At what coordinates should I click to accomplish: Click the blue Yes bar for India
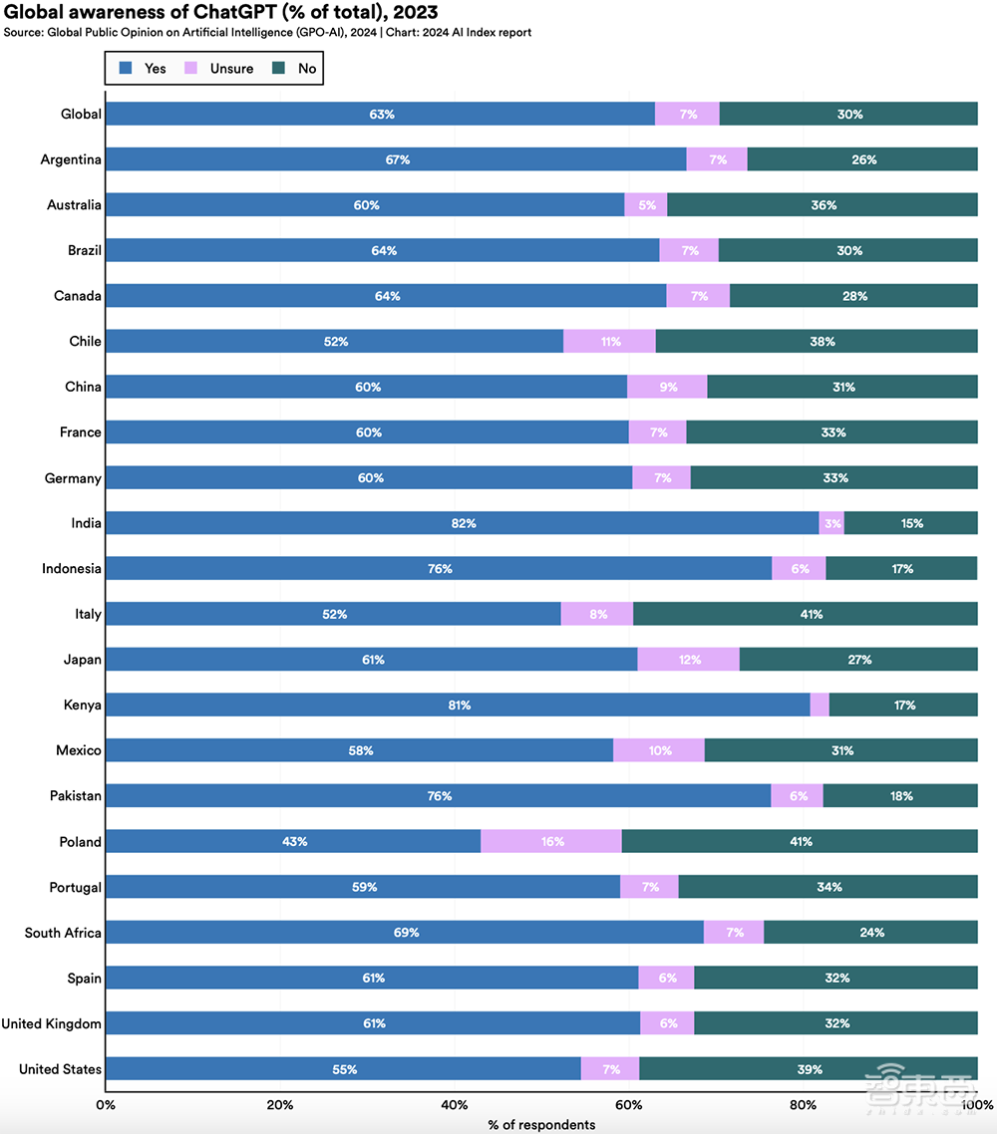(x=462, y=523)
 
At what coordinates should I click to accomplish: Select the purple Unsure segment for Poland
(x=550, y=842)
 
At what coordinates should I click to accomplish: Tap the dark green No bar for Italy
(x=805, y=615)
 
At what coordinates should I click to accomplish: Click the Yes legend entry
(x=144, y=69)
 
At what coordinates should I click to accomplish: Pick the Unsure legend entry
(x=221, y=69)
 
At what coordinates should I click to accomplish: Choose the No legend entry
(x=297, y=69)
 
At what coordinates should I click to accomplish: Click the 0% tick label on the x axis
(x=106, y=1105)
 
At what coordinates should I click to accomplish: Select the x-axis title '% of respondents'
(x=541, y=1125)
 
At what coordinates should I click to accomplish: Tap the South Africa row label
(x=63, y=934)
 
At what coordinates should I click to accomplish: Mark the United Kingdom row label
(x=52, y=1024)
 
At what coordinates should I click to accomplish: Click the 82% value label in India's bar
(x=464, y=523)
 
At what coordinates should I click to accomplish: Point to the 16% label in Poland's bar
(x=552, y=842)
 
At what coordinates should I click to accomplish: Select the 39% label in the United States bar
(x=810, y=1069)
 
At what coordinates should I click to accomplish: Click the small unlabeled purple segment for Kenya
(x=820, y=706)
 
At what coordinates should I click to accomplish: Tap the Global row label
(x=81, y=114)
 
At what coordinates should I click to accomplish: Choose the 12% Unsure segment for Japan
(x=688, y=660)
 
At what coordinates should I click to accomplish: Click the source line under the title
(x=267, y=32)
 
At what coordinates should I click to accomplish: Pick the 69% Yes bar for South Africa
(x=404, y=933)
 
